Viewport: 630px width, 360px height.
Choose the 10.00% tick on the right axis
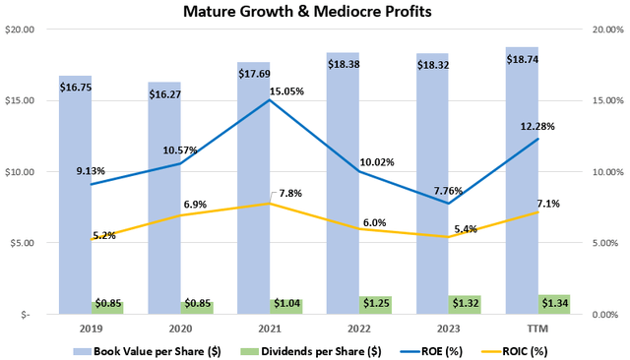pyautogui.click(x=602, y=172)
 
